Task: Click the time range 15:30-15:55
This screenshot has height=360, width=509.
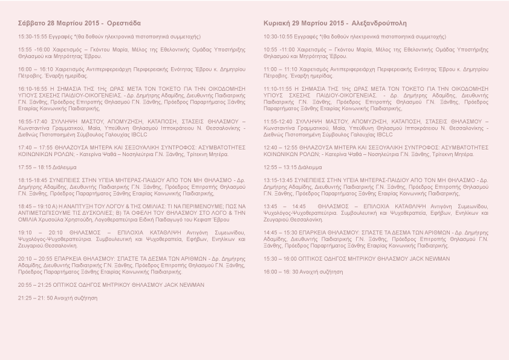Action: tap(32, 36)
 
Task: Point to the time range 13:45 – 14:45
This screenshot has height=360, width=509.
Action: tap(285, 206)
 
